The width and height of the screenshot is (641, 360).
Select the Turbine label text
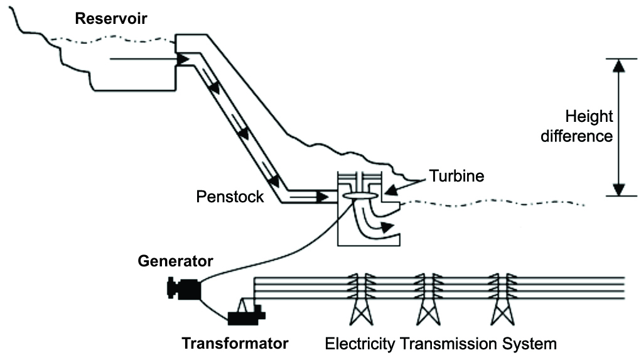[x=456, y=177]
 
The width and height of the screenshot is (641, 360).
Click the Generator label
[x=175, y=260]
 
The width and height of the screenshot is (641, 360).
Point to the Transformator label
[x=235, y=344]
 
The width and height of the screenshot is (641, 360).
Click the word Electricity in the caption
[x=360, y=344]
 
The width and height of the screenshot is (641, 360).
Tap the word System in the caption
[x=531, y=344]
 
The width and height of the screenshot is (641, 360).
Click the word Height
[x=589, y=117]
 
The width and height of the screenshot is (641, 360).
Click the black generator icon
[x=183, y=288]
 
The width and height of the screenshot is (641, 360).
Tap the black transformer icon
[x=246, y=312]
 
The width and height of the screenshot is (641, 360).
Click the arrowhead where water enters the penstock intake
[x=183, y=60]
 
